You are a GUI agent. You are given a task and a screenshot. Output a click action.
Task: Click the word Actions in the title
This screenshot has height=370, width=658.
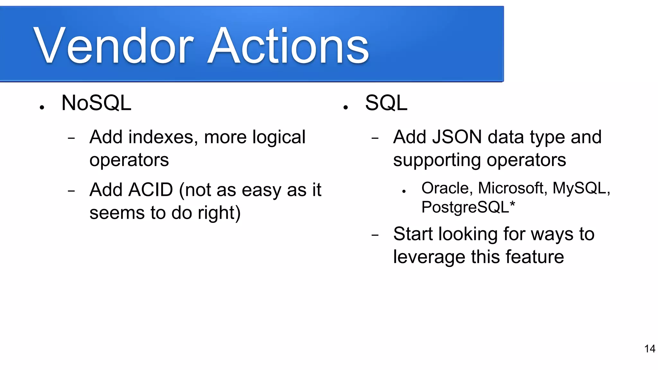[x=288, y=46]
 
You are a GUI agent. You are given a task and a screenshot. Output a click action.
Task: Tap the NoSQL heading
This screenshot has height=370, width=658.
[x=96, y=103]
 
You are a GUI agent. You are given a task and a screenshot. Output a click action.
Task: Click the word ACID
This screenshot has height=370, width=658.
[x=151, y=190]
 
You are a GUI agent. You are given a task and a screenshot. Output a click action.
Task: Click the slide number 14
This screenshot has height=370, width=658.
[x=649, y=349]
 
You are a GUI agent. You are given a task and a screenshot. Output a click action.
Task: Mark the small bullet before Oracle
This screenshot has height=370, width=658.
[x=404, y=191]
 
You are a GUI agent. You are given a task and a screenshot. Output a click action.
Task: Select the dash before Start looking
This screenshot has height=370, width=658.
[x=375, y=235]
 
